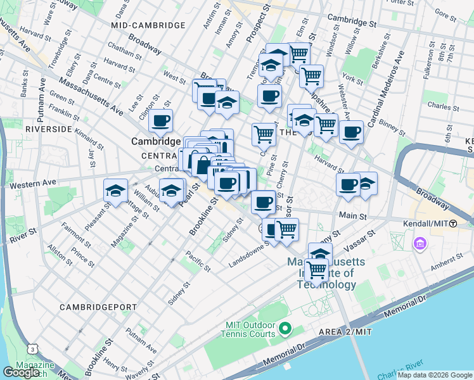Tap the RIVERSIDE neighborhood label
[x=48, y=129]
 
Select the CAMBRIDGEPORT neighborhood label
[x=98, y=307]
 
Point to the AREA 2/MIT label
[x=345, y=332]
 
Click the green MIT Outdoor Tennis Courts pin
[x=285, y=328]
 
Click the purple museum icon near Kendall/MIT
[x=420, y=243]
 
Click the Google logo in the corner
[x=21, y=372]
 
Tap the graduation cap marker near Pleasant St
[x=115, y=191]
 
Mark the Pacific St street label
[x=198, y=261]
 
